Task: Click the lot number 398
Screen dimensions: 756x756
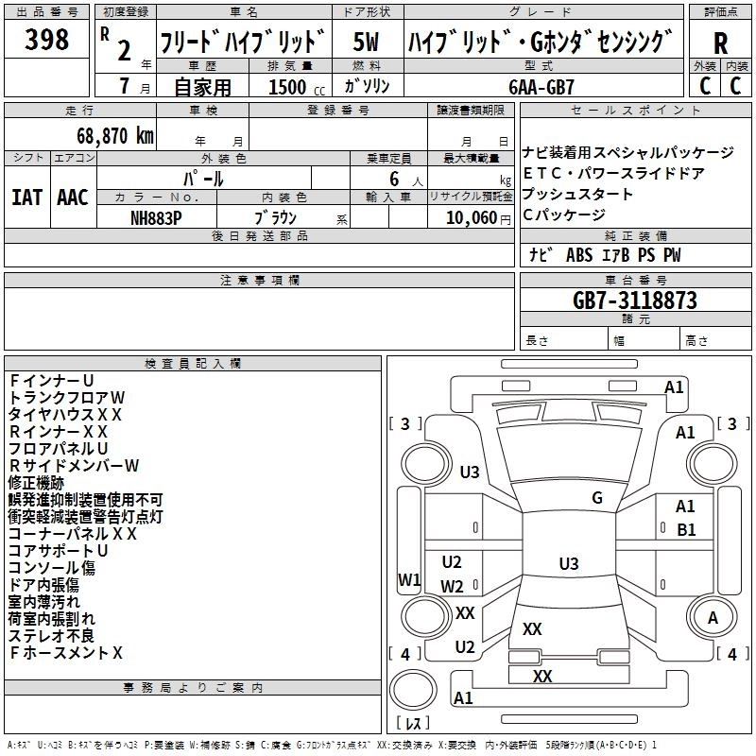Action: (47, 40)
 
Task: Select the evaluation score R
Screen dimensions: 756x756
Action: (720, 43)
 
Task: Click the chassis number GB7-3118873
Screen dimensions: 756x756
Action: (635, 301)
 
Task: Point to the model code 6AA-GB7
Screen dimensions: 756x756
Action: (541, 86)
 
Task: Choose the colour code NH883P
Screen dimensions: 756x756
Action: (158, 216)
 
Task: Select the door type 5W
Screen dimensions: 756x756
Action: (366, 42)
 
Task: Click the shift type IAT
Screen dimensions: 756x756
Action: (27, 198)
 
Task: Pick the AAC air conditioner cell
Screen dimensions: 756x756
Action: (73, 198)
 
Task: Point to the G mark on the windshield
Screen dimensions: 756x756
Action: (597, 498)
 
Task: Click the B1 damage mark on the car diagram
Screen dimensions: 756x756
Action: (686, 530)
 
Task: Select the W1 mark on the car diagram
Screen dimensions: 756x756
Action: (409, 579)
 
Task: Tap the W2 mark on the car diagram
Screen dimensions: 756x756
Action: (453, 586)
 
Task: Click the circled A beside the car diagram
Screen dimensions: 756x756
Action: (713, 618)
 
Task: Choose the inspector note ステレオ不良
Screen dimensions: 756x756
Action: (51, 635)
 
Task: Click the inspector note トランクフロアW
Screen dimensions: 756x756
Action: (66, 397)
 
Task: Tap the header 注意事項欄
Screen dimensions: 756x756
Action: (260, 281)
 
